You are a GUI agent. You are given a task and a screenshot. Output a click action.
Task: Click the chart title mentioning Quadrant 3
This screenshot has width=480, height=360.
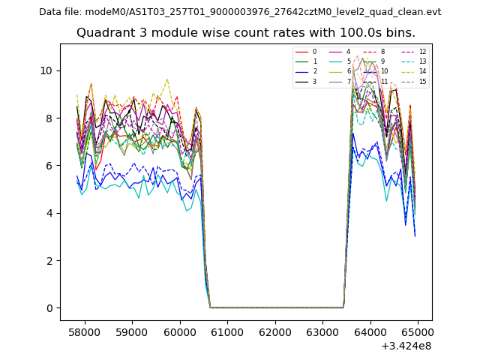pos(245,33)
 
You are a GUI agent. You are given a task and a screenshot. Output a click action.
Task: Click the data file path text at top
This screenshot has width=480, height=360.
pos(240,12)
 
